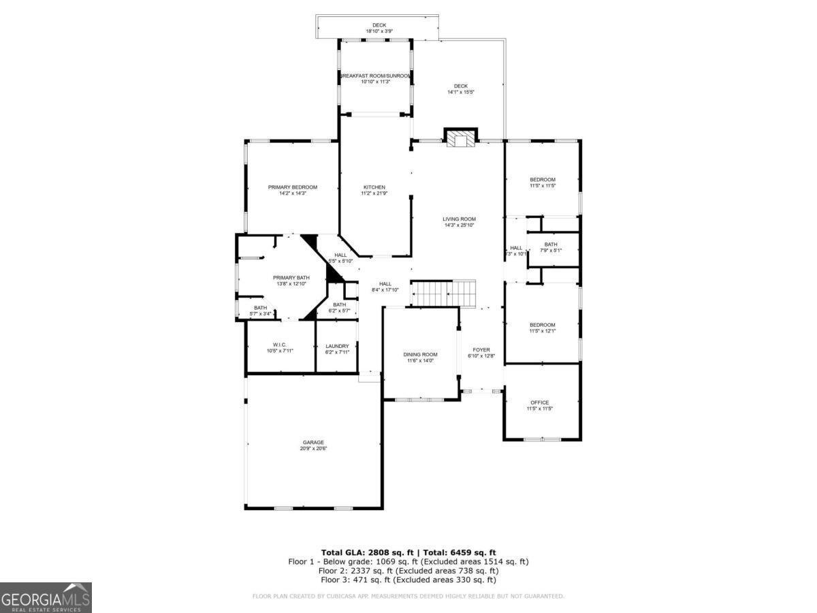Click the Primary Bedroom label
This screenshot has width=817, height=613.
pos(293,190)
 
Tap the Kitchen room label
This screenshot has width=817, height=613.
pos(374,190)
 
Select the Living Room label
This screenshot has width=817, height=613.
pos(459,222)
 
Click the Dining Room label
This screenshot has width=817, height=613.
pos(420,358)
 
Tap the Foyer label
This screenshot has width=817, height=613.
pos(481,353)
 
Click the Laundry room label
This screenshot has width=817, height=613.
pos(337,349)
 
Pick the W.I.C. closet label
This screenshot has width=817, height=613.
pos(280,348)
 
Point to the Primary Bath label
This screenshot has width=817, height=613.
pos(291,281)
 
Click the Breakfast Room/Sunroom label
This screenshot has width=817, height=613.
pos(375,78)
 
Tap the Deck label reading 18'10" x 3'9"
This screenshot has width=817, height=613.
pos(379,28)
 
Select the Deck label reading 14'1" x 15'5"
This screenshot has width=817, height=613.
pos(461,89)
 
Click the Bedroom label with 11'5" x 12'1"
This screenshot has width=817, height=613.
pos(543,328)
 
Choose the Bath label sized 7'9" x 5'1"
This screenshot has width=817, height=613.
pos(551,247)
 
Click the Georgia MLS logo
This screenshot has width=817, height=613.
pos(46,597)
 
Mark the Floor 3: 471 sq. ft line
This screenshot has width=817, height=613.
pos(408,580)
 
